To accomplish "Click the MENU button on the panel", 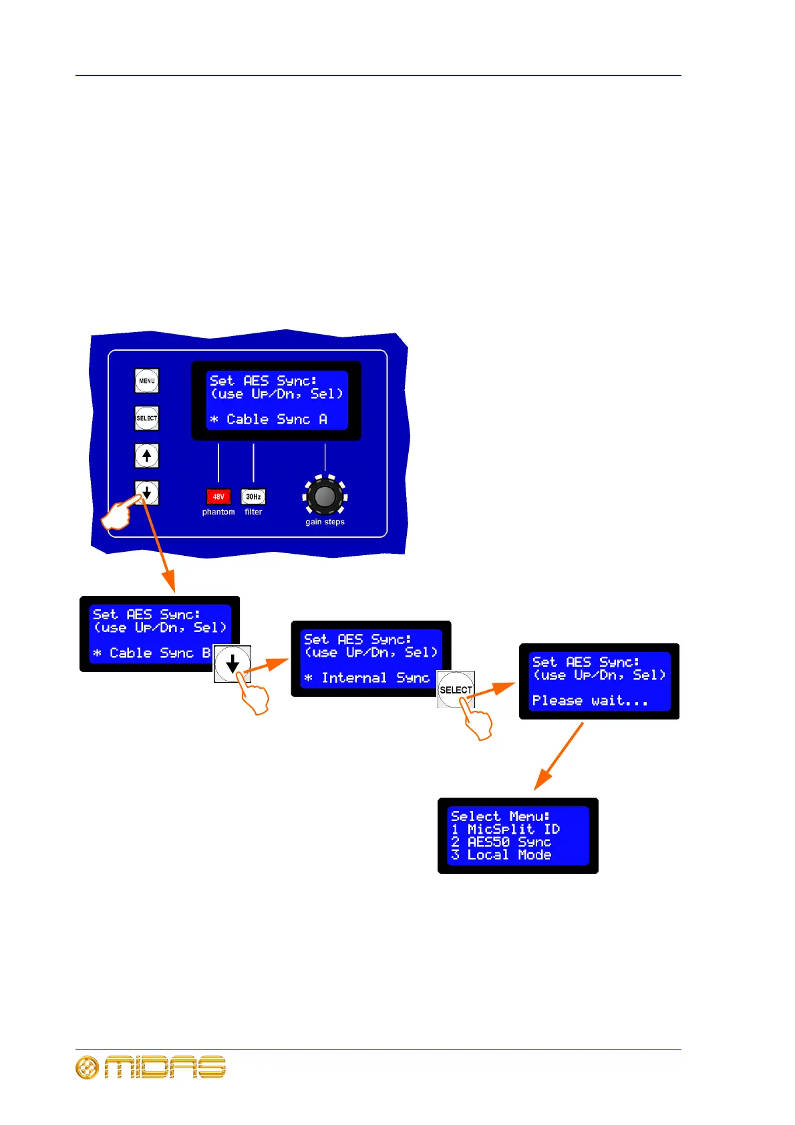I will [x=147, y=381].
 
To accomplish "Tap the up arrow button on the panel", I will [x=147, y=456].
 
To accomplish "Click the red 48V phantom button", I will [x=218, y=496].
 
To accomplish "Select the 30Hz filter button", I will [x=253, y=496].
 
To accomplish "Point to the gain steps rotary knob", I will [x=325, y=496].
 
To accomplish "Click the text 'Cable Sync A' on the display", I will [x=276, y=420].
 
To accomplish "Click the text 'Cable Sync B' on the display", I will [x=159, y=653].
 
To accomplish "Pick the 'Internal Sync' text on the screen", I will [x=375, y=678].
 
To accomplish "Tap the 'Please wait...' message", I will [x=590, y=701].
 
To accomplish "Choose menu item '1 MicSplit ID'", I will [x=505, y=829].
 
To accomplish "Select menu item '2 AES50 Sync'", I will [x=501, y=842].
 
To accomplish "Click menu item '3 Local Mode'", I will [x=501, y=855].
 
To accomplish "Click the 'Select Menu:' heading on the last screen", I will [x=500, y=816].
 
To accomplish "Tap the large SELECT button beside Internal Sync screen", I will [x=456, y=689].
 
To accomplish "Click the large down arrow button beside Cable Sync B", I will [x=232, y=663].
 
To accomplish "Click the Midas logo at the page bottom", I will [x=151, y=1068].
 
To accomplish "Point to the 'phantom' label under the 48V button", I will [x=218, y=512].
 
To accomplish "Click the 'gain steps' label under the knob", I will [x=325, y=522].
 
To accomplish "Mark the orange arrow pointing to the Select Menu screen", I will [x=559, y=756].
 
